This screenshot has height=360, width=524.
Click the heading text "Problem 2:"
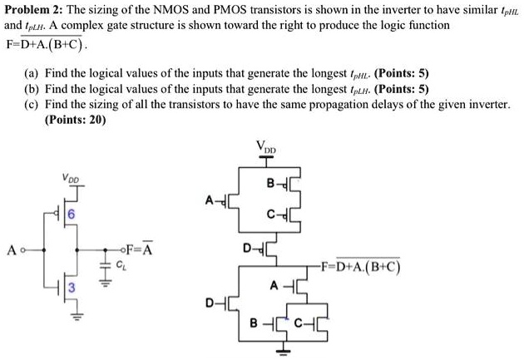[34, 11]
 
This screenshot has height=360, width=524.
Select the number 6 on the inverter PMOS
[72, 215]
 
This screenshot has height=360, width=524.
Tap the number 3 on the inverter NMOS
[72, 287]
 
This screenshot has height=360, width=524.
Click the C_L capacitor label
[121, 266]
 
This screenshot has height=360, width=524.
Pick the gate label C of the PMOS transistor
[271, 216]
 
